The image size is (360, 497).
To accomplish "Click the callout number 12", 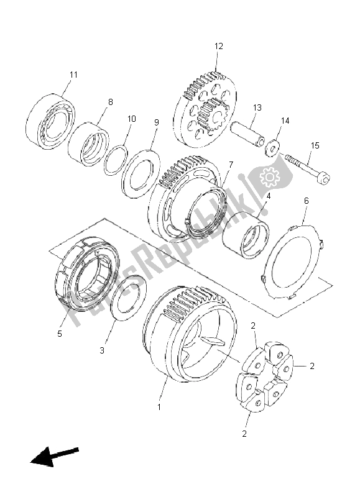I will point(219,46).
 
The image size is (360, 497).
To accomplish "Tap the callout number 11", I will point(73,75).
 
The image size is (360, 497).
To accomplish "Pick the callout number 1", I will point(159,407).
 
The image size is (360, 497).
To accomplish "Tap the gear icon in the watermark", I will point(270,180).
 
